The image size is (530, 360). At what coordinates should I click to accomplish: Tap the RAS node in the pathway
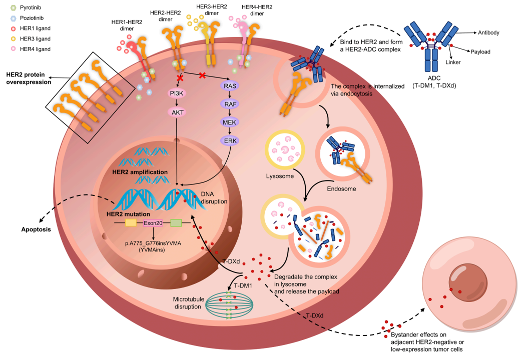tap(231, 86)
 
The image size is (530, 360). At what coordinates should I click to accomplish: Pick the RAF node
tap(231, 104)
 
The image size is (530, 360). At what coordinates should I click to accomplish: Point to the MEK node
tap(231, 122)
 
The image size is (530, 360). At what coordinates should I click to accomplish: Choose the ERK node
tap(231, 141)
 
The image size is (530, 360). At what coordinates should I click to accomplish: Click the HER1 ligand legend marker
tap(6, 29)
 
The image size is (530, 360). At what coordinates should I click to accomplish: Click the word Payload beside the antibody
tap(480, 51)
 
